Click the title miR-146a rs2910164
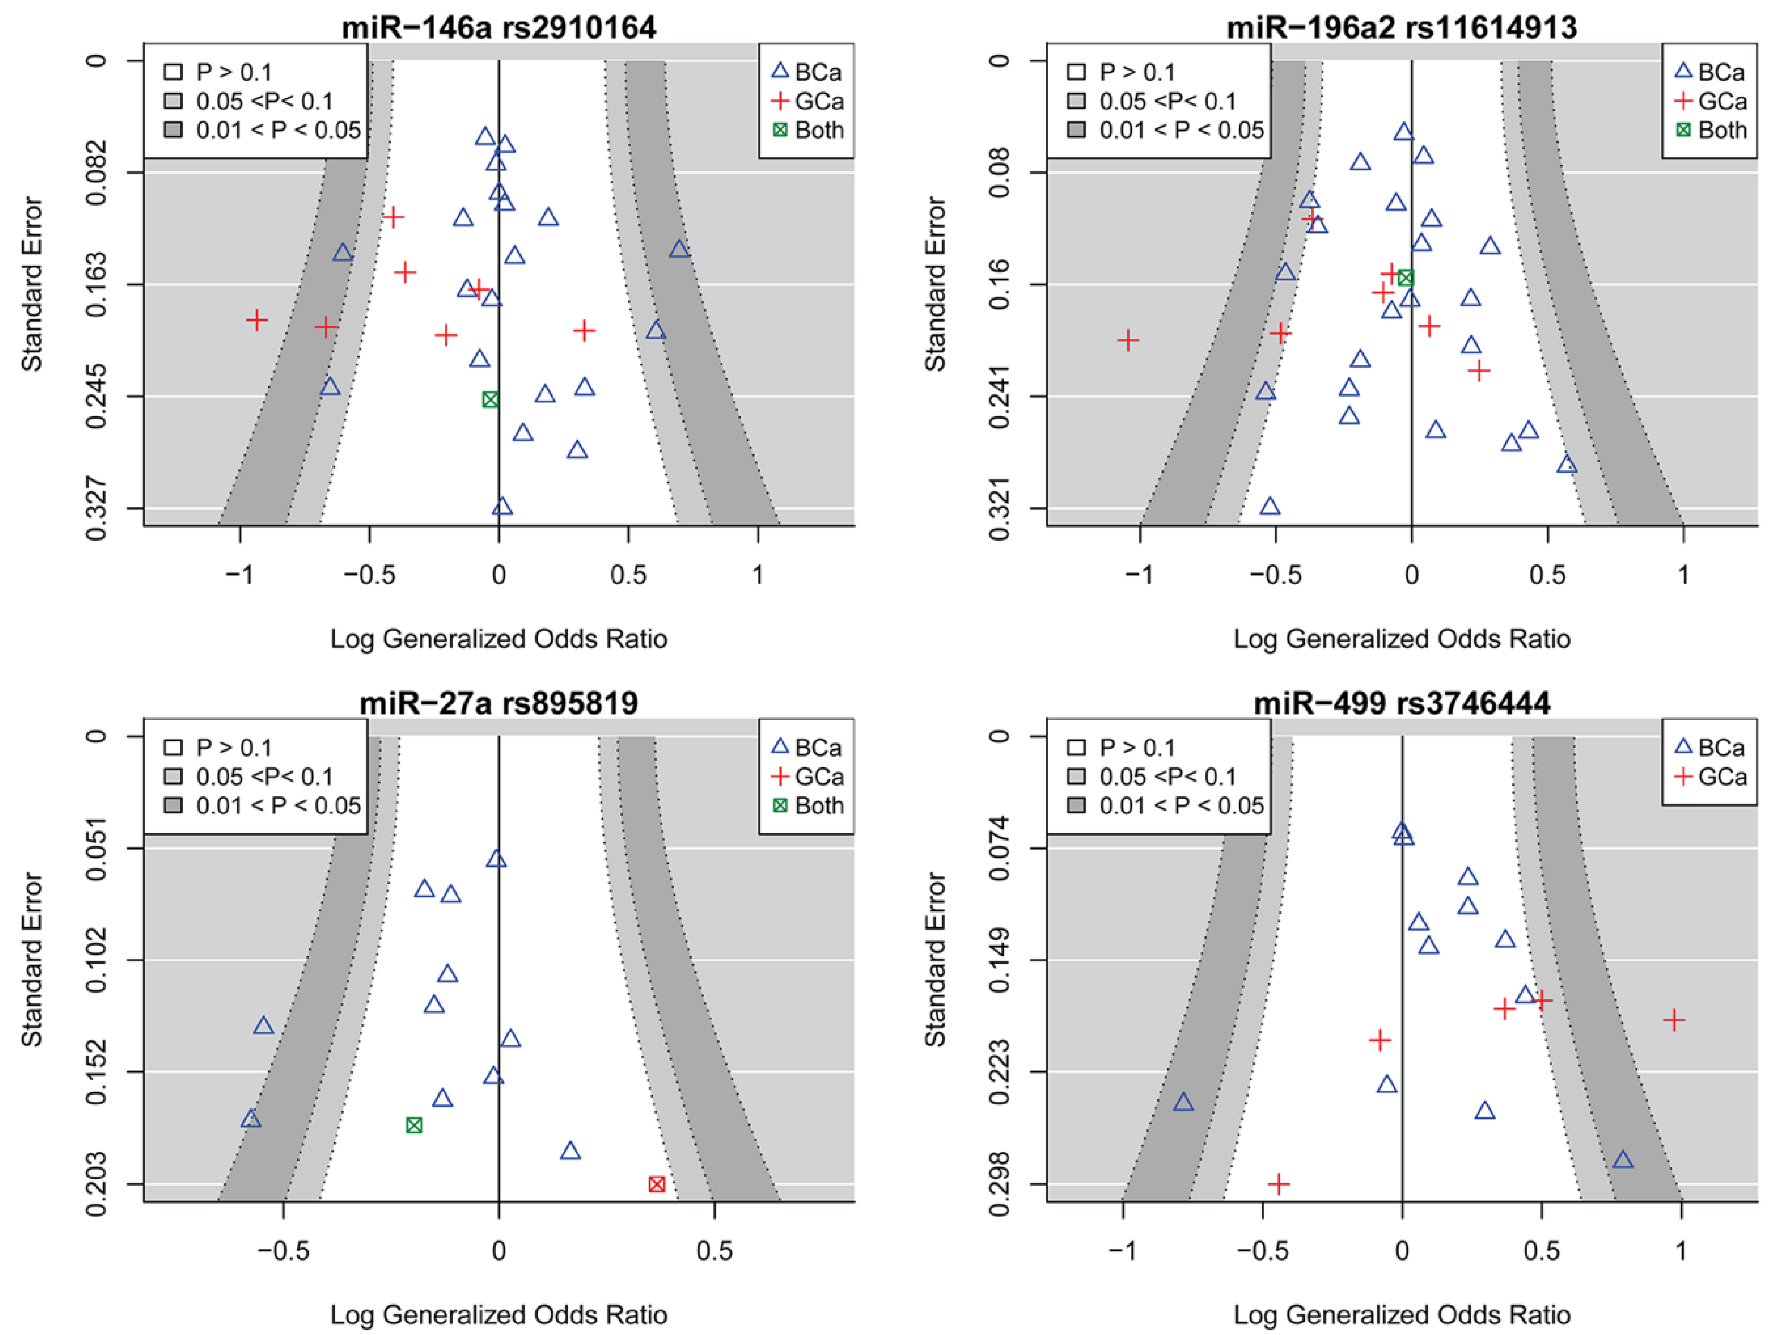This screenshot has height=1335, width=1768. pos(499,27)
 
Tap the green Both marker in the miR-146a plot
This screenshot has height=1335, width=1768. pos(491,399)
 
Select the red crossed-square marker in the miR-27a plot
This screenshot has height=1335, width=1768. pos(656,1184)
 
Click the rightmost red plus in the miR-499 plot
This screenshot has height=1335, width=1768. pos(1674,1019)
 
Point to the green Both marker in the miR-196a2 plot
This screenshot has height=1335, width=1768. pos(1406,278)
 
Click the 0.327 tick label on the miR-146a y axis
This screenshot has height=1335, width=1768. pos(96,509)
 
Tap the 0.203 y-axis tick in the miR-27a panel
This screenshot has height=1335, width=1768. pos(96,1184)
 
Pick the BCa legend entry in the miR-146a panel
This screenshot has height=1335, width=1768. pos(807,72)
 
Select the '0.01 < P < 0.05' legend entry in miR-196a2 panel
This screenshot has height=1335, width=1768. pos(1166,130)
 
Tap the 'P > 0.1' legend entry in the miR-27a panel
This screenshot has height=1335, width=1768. pos(218,747)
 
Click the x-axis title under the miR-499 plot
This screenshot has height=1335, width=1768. pos(1402,1315)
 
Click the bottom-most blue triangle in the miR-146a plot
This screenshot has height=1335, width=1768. pos(502,506)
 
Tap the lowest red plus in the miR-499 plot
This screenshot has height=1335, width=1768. pos(1279,1183)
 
